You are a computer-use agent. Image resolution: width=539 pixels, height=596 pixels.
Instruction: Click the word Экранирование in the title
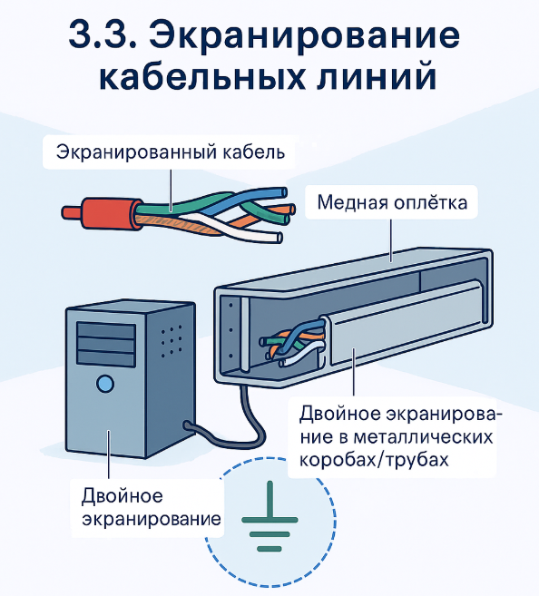(x=304, y=34)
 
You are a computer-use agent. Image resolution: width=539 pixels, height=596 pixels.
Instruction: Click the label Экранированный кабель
(x=171, y=152)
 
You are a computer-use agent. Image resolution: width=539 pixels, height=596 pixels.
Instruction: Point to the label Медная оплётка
(x=392, y=201)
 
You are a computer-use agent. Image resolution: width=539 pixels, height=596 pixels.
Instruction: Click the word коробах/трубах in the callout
(x=375, y=460)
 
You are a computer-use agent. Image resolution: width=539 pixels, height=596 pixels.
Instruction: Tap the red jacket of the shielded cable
(x=111, y=213)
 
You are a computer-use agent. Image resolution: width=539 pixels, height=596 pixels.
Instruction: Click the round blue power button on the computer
(x=105, y=384)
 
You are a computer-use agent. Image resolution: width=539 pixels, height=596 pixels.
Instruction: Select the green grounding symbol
(x=269, y=516)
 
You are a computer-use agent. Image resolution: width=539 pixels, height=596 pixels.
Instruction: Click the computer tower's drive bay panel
(x=106, y=344)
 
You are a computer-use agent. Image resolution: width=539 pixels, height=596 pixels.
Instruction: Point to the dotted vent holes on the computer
(x=171, y=341)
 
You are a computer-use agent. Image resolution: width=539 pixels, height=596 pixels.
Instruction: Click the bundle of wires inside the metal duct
(x=293, y=343)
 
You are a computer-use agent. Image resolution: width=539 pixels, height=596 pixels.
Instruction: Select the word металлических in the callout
(x=423, y=436)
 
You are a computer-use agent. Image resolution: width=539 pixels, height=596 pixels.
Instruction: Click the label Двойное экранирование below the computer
(x=152, y=507)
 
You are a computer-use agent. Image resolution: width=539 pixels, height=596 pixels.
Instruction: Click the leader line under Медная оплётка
(x=391, y=240)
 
